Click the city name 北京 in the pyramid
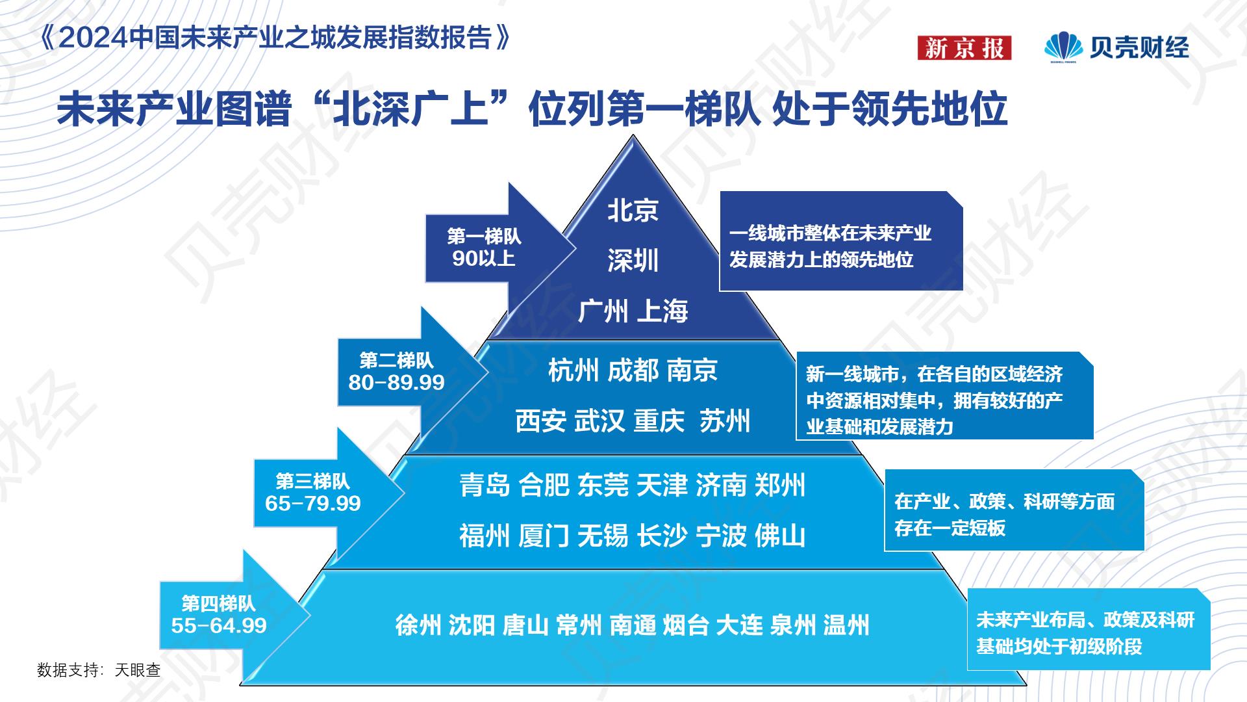pos(633,210)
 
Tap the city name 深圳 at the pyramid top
pos(633,261)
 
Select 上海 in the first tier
pos(662,311)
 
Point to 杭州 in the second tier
pos(573,370)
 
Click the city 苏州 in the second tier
pos(725,421)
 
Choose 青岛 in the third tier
pos(485,486)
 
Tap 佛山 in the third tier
pos(780,536)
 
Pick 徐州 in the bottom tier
pos(418,625)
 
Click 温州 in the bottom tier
pos(846,625)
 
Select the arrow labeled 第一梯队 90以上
pos(484,248)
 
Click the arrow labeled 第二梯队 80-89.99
pos(397,371)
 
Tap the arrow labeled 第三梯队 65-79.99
pos(313,492)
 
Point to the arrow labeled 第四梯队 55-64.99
pos(220,614)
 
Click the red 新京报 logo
pos(964,48)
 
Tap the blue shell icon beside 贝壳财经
pos(1063,46)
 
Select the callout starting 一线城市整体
pos(840,241)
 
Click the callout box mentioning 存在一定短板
pos(1013,510)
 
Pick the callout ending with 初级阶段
pos(1089,629)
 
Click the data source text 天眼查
pos(138,669)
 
